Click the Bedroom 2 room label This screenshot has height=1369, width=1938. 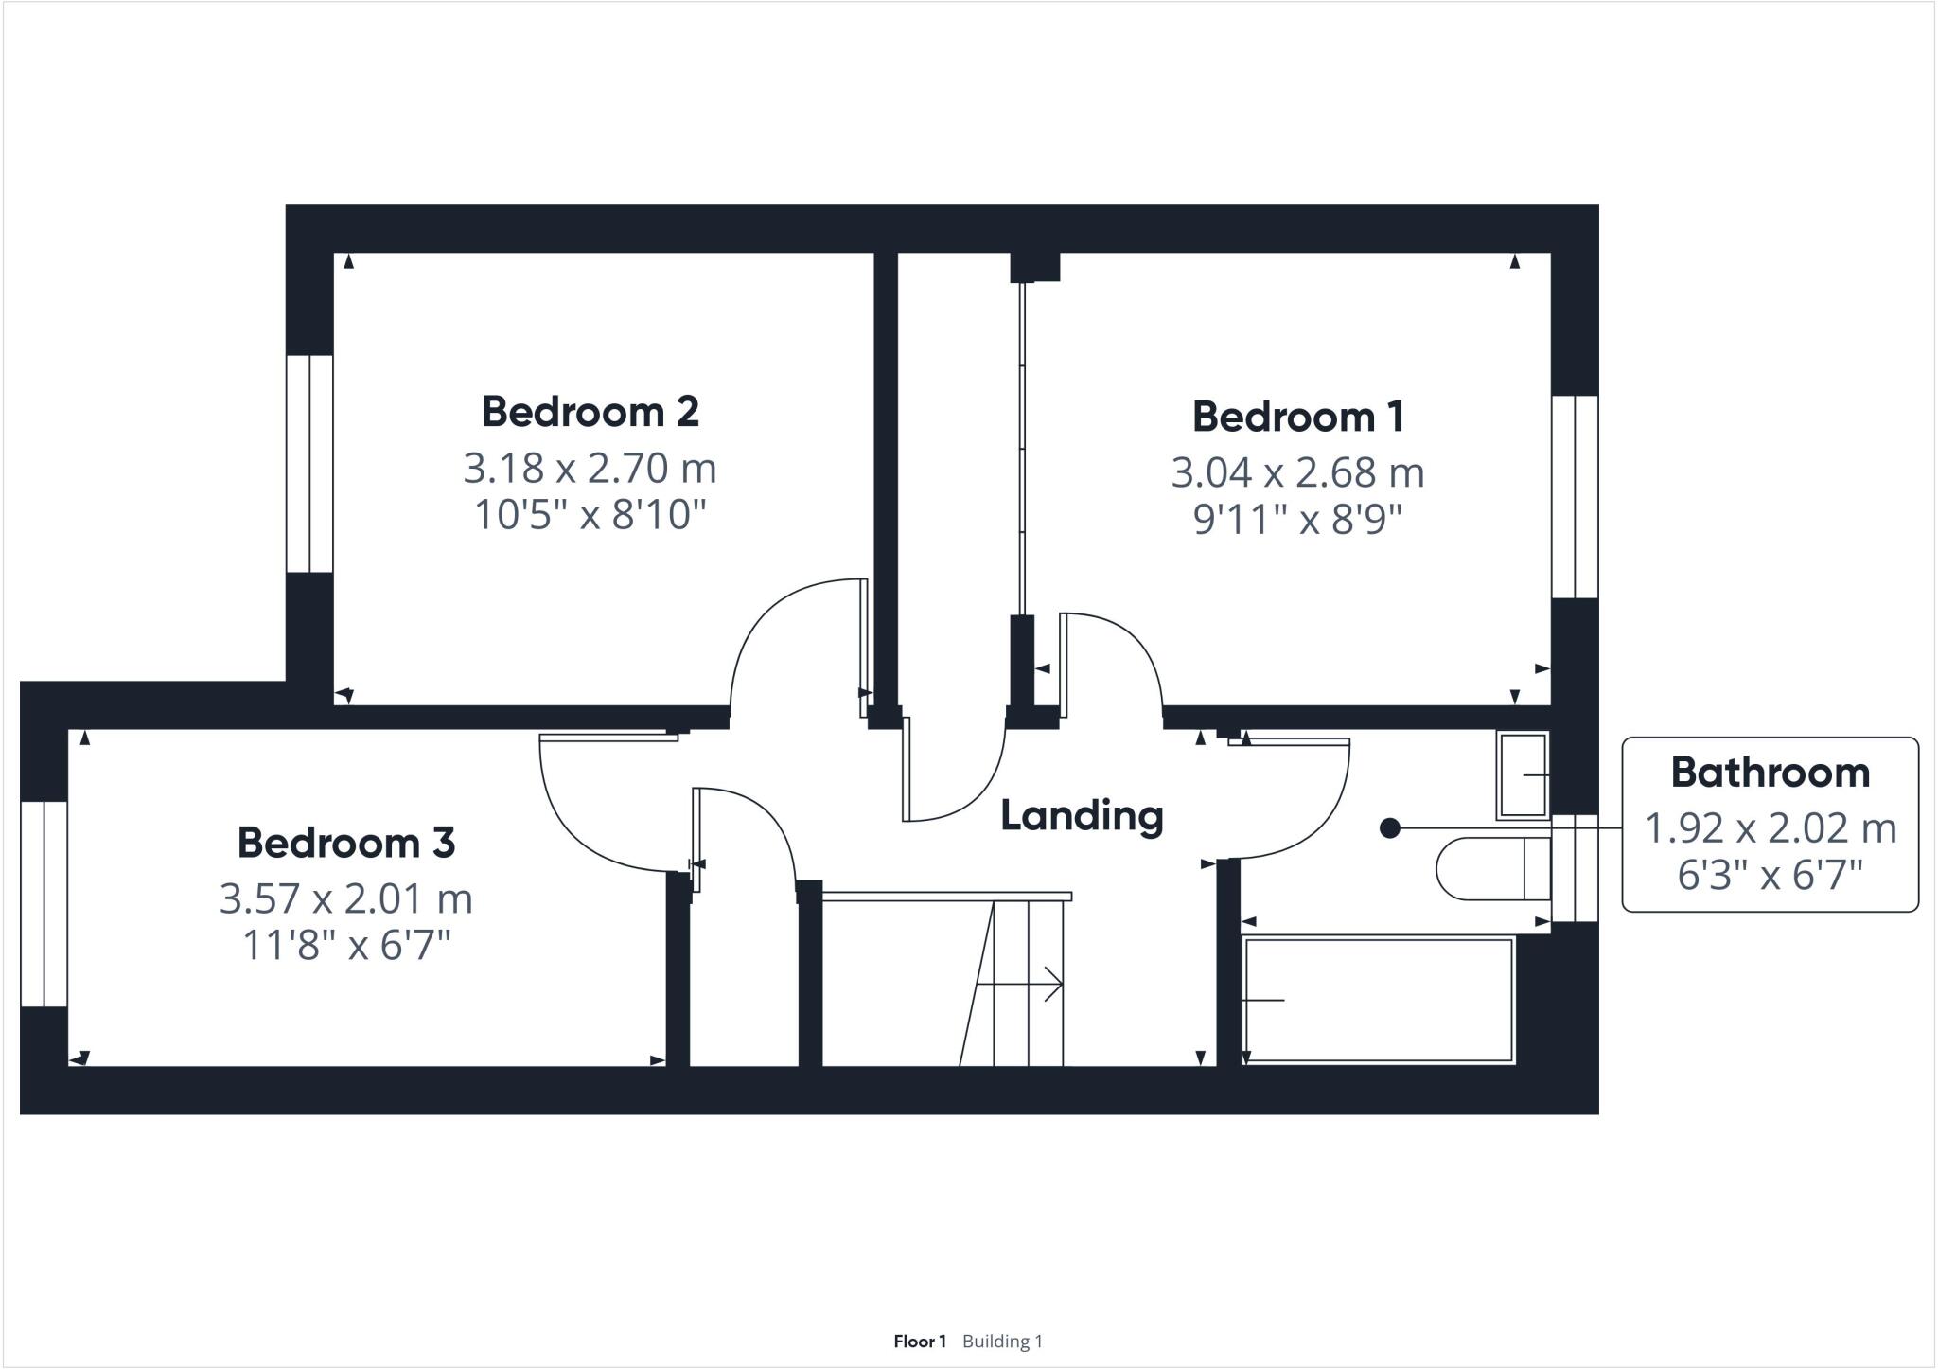point(590,412)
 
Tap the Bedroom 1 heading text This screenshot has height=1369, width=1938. point(1297,417)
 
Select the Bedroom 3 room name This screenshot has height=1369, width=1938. point(345,843)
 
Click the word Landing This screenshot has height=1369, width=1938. point(1082,815)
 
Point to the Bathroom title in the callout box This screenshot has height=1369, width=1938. point(1770,773)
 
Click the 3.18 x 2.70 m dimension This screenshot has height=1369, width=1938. point(590,468)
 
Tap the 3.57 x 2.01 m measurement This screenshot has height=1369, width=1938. point(345,898)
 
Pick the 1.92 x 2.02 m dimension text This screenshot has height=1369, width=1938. point(1770,828)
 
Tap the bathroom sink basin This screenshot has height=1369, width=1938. point(1522,775)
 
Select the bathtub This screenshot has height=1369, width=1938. point(1378,1000)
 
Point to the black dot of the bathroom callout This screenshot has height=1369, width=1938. point(1389,828)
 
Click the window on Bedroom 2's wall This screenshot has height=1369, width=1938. point(309,464)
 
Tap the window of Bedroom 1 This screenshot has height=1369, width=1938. point(1575,497)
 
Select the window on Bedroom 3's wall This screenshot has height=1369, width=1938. point(44,904)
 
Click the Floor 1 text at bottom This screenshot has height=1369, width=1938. point(919,1341)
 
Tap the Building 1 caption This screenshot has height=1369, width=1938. point(1002,1341)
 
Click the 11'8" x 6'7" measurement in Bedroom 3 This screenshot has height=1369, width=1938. point(345,945)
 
